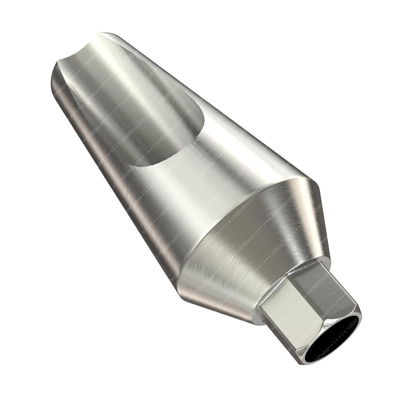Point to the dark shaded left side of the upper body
81,122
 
